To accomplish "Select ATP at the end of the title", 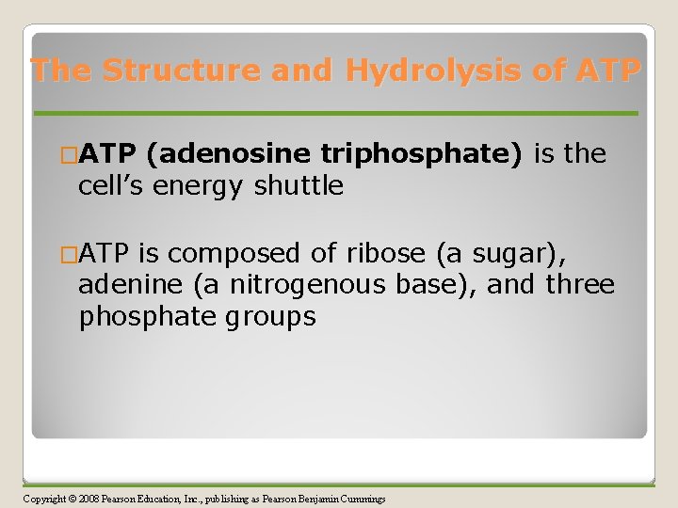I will (608, 70).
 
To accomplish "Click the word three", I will (580, 284).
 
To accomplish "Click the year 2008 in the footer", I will (89, 499).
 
